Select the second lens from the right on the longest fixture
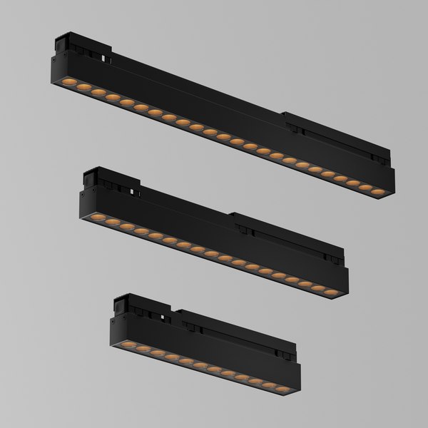(365, 188)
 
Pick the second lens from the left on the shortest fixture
(136, 348)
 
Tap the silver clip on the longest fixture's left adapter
(106, 55)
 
